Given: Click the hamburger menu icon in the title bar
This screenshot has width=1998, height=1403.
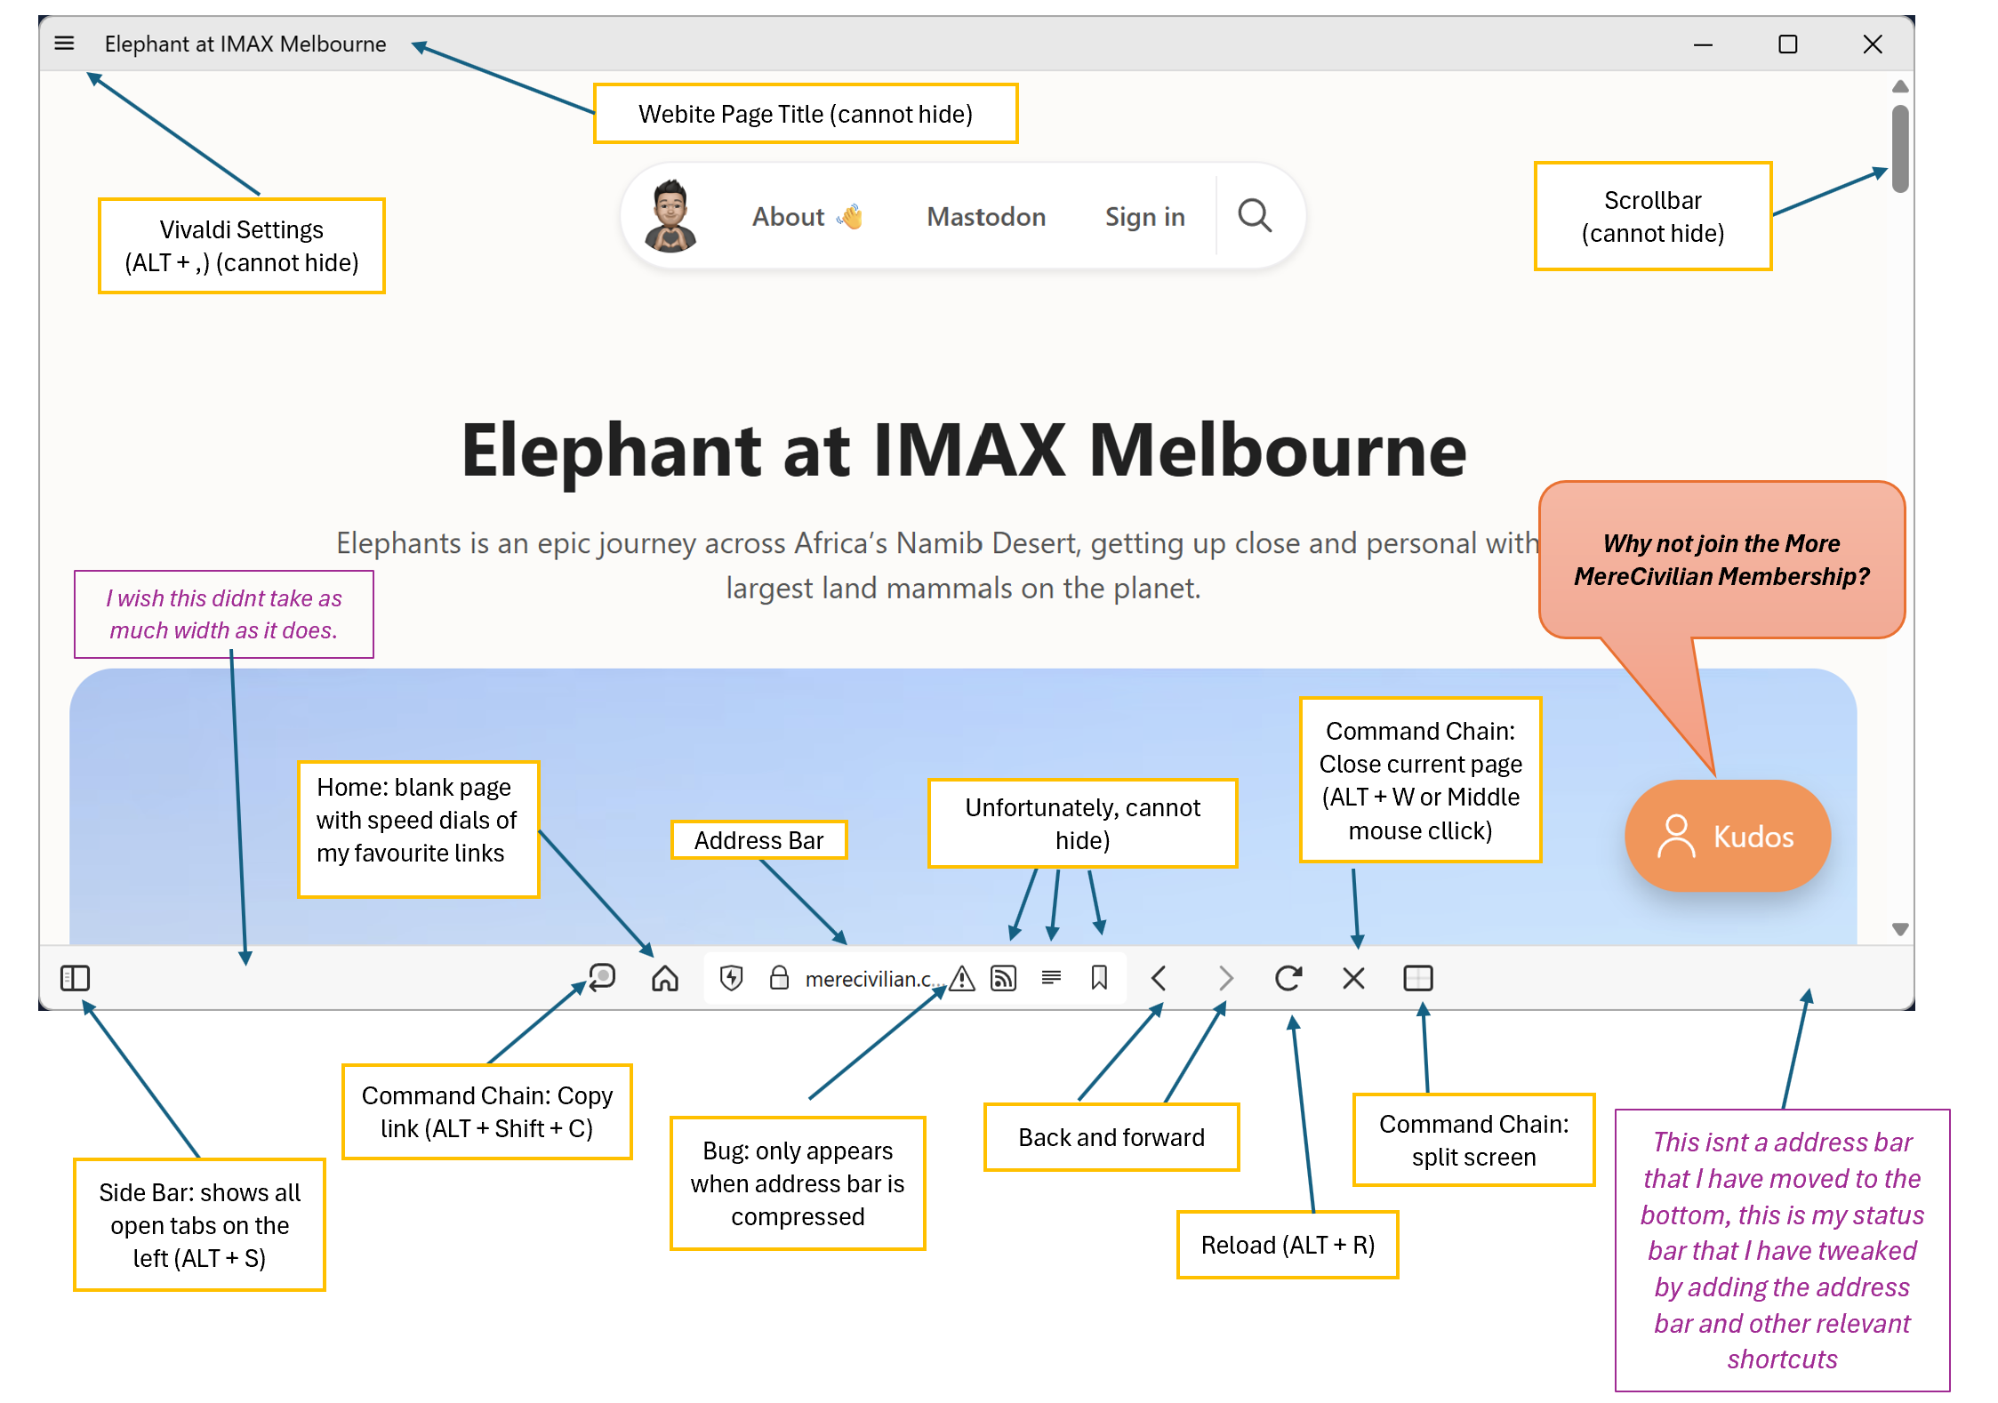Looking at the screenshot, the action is [x=64, y=43].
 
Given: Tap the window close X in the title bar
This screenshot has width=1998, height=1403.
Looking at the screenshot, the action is [x=1872, y=44].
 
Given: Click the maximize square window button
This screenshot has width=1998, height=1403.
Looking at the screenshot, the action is [x=1787, y=44].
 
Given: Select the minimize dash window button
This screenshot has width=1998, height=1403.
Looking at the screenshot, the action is [x=1703, y=44].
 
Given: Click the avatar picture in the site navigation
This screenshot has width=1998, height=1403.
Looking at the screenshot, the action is [x=670, y=215].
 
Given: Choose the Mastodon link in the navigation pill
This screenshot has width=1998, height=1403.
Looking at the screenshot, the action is [x=986, y=217].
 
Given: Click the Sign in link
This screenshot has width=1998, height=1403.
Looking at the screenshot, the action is [x=1144, y=217].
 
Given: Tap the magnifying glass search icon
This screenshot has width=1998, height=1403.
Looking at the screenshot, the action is [x=1255, y=215].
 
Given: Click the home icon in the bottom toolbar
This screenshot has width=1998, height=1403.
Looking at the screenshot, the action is [x=664, y=978].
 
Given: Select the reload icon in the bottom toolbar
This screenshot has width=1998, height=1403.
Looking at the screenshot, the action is [x=1288, y=978].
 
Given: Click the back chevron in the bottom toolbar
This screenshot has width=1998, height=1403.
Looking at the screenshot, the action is [x=1158, y=978].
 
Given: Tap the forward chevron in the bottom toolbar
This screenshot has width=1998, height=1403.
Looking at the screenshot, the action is [x=1225, y=978].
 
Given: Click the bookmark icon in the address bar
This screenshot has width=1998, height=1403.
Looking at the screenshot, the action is [x=1099, y=978].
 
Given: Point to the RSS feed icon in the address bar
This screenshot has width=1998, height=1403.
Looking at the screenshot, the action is [x=1003, y=978].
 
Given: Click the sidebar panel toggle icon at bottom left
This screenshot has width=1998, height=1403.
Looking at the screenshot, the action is [x=75, y=978].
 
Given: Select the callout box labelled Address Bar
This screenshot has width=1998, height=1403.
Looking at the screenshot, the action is [x=758, y=840].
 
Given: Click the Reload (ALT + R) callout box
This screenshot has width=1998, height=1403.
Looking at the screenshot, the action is [x=1288, y=1245].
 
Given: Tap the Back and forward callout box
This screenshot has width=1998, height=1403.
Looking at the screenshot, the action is [x=1111, y=1137].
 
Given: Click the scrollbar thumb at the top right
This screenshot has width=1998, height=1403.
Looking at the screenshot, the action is [x=1900, y=148].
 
